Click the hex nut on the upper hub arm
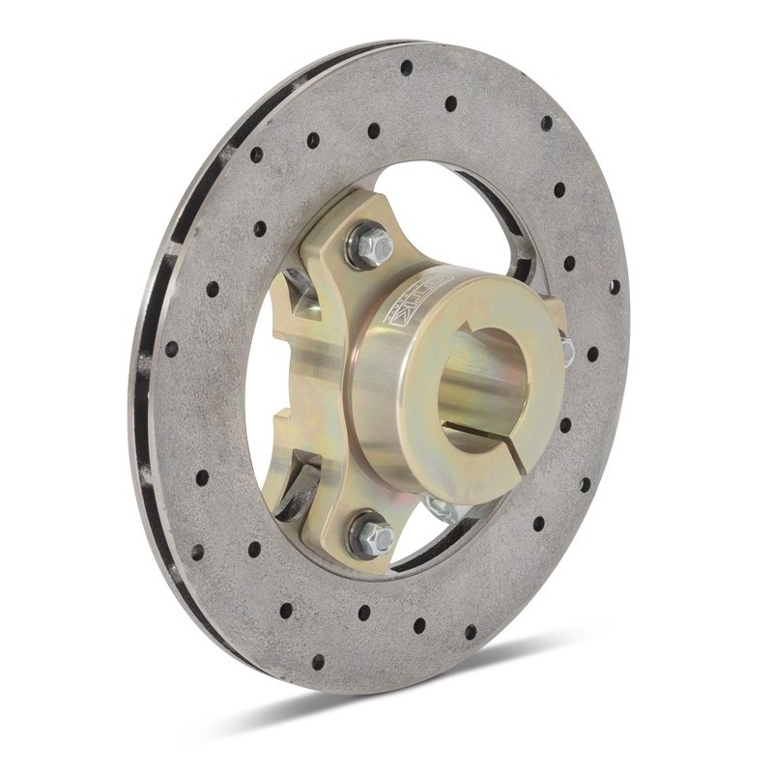372,245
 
